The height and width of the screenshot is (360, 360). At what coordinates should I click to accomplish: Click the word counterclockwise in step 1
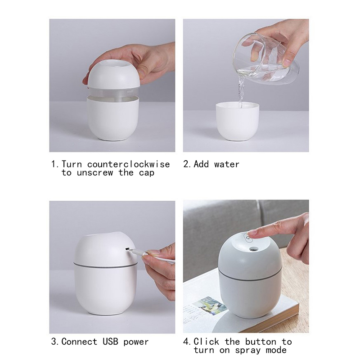coord(128,164)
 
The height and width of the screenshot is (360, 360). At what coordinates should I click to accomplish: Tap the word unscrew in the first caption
coord(95,173)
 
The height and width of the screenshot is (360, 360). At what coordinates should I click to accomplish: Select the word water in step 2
coord(227,164)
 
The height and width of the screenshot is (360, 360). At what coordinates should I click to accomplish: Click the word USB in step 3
coord(110,342)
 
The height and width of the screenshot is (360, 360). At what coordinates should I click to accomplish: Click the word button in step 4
coord(261,342)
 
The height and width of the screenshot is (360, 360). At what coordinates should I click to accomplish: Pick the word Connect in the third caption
coord(79,342)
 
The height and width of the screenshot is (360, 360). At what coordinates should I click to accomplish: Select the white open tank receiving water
coord(238,121)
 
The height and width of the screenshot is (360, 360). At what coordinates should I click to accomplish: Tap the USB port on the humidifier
coord(127,248)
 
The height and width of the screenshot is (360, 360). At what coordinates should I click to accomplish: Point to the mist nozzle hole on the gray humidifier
coord(253,249)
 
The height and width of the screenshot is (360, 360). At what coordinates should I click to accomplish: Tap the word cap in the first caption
coord(146,173)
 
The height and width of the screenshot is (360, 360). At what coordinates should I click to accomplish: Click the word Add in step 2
coord(201,164)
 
